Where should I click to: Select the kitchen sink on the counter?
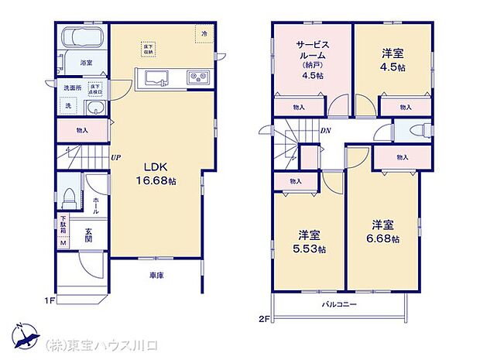[x=153, y=77]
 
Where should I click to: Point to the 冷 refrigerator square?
[x=204, y=34]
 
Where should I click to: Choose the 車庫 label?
[x=157, y=275]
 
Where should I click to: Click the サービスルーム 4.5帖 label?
[x=312, y=60]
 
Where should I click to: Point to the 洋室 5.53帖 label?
[x=310, y=241]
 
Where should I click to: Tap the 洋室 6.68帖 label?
[x=383, y=231]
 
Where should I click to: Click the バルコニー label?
[x=339, y=305]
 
